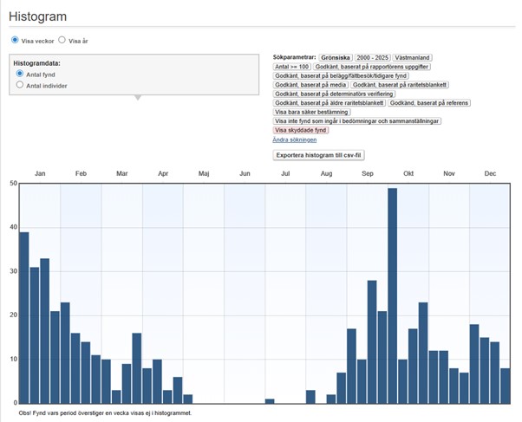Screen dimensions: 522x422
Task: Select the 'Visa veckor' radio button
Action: (15, 40)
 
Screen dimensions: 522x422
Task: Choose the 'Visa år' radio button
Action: (62, 40)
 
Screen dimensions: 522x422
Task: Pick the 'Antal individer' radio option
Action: (20, 85)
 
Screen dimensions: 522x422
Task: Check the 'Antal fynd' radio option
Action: (20, 74)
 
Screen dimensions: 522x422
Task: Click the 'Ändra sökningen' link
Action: (295, 140)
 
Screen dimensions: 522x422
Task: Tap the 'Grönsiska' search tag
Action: (336, 57)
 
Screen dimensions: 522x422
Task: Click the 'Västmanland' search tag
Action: (412, 57)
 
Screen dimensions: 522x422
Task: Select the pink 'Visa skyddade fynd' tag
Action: (301, 130)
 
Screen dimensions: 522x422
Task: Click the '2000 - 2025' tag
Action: (373, 57)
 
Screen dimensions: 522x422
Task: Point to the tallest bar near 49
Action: (393, 296)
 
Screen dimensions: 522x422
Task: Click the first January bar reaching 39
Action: (24, 318)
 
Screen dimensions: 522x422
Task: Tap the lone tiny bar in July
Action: (270, 401)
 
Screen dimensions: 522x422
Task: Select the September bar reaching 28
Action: (372, 342)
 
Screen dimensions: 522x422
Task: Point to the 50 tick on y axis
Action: (13, 184)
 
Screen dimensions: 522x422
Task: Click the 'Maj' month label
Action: (204, 173)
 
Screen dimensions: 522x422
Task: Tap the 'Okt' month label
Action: (408, 173)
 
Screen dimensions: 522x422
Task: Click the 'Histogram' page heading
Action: (37, 16)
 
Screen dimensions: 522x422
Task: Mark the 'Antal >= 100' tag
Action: (292, 67)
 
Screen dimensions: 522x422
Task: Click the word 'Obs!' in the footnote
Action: (25, 413)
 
